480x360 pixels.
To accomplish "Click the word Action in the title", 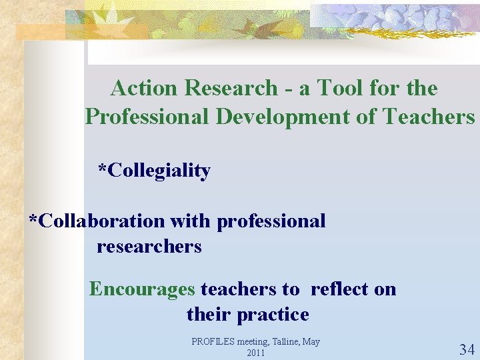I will [x=145, y=88].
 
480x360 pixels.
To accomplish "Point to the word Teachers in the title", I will [x=429, y=117].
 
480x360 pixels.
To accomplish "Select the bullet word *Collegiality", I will [x=155, y=171].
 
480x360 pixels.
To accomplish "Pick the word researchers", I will [x=149, y=247].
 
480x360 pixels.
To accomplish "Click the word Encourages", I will [x=142, y=289].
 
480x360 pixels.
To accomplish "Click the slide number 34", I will [x=467, y=349].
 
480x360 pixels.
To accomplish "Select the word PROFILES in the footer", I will [x=212, y=342].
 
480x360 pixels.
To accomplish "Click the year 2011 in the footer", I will [x=255, y=353].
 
